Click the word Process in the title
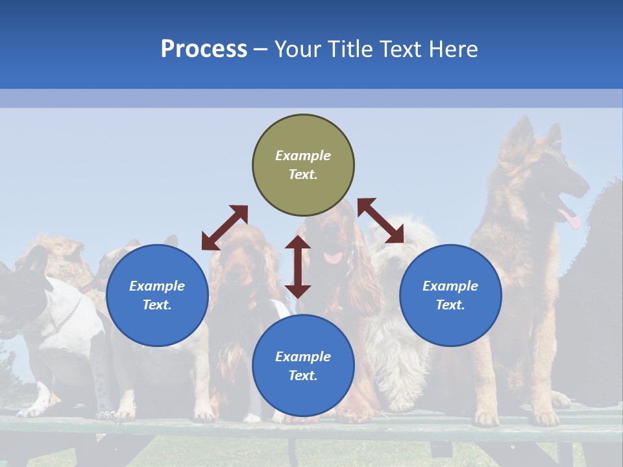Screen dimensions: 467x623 [204, 49]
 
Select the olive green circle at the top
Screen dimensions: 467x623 [303, 165]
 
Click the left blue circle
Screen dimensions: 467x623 [157, 295]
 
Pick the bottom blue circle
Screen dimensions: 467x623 [303, 366]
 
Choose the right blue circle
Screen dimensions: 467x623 [450, 295]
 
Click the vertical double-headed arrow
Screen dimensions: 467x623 [298, 267]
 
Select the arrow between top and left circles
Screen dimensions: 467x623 [225, 228]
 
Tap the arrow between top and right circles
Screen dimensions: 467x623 [381, 221]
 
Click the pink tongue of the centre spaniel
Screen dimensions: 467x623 [333, 257]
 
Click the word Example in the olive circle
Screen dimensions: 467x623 [303, 156]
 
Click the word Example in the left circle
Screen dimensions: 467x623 [157, 286]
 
